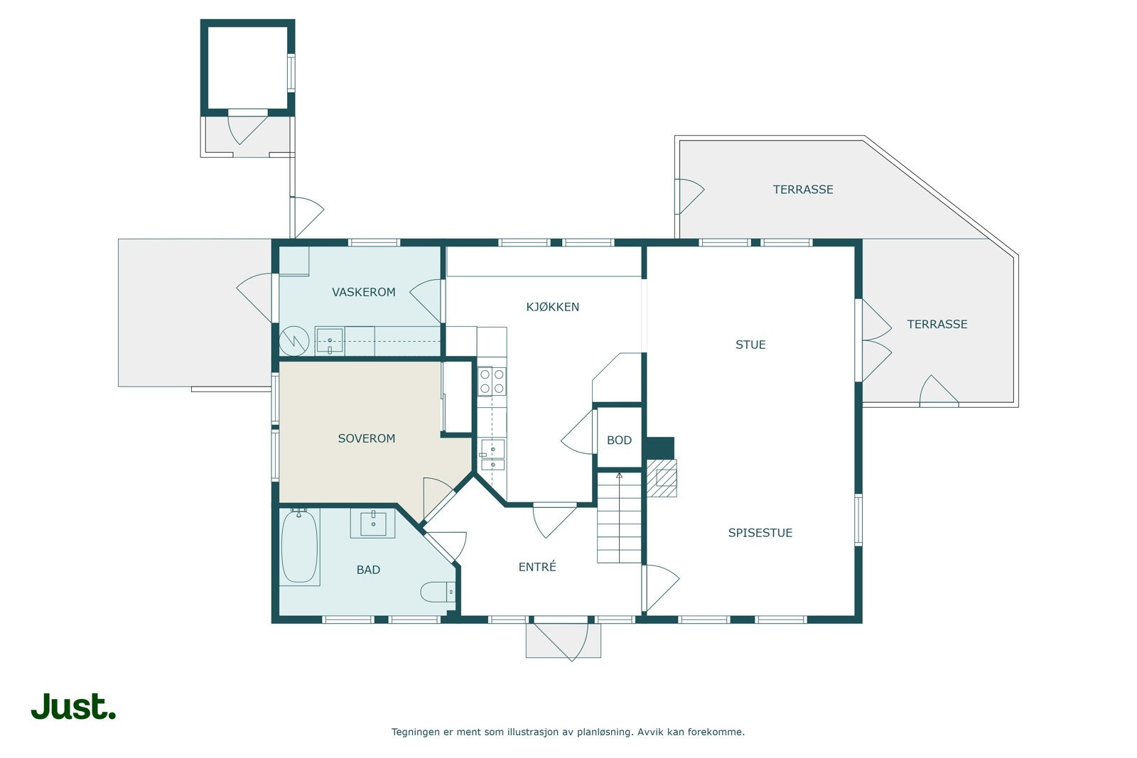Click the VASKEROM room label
[363, 292]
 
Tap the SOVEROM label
[367, 438]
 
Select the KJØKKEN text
[552, 307]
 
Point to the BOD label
[619, 440]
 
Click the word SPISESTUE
[760, 533]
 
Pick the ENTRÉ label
[537, 567]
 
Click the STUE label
[750, 345]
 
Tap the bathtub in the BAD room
[299, 546]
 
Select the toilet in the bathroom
[438, 592]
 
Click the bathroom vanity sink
[373, 524]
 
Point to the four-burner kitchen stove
[492, 381]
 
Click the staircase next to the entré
[619, 517]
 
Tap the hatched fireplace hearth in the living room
[662, 478]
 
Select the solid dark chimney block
[660, 448]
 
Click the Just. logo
[74, 706]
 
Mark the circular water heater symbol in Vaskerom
[294, 340]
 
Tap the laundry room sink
[330, 341]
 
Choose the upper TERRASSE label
[803, 190]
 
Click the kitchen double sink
[492, 455]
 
